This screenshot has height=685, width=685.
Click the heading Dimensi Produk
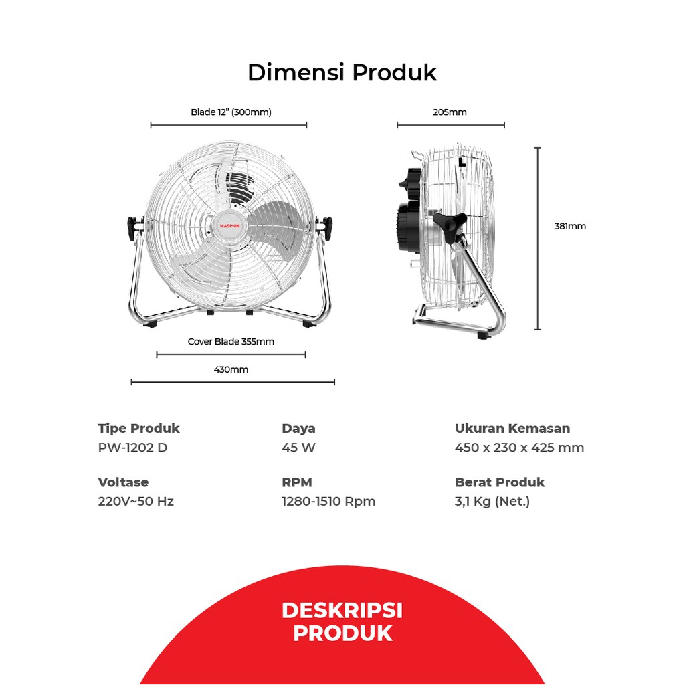point(342,72)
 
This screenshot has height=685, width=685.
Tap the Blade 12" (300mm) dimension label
point(231,112)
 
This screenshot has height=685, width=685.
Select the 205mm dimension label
point(450,112)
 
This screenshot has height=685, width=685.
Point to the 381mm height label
point(570,226)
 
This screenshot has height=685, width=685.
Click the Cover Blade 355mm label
point(231,341)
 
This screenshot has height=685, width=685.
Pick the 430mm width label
point(231,369)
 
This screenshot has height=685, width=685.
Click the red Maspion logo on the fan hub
point(229,226)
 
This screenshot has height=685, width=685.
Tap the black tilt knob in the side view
point(449,224)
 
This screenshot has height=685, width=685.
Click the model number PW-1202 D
point(132,448)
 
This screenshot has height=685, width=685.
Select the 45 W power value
point(298,448)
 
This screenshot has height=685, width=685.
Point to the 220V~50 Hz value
point(136,501)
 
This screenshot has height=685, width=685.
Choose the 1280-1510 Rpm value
point(328,501)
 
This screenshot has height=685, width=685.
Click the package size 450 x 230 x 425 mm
point(519,448)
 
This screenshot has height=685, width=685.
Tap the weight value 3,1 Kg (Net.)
point(492,501)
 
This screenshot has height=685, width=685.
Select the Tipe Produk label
point(138,428)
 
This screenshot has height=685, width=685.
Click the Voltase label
point(123,482)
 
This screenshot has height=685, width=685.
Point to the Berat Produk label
point(500,482)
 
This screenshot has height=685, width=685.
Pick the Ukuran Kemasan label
point(512,428)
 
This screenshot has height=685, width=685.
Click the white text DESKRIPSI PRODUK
point(342,621)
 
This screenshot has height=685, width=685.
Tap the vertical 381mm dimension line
point(538,238)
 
